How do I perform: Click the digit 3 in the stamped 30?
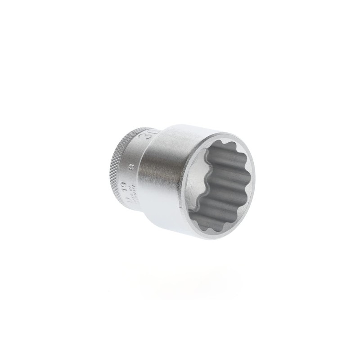(x=150, y=135)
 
